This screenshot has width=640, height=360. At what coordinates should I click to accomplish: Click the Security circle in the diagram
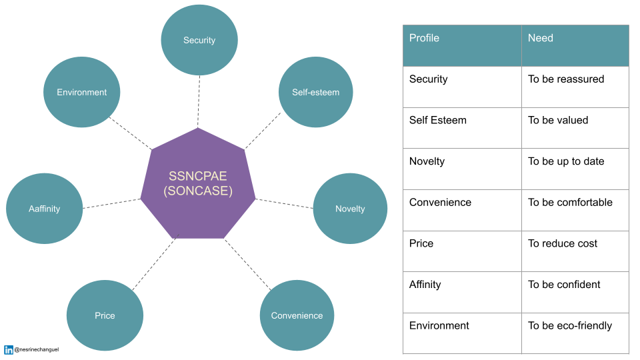(199, 40)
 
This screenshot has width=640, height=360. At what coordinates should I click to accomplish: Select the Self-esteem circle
(315, 92)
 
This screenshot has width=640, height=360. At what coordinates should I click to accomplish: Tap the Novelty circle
(350, 209)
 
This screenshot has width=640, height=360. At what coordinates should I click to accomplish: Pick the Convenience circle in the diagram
(297, 315)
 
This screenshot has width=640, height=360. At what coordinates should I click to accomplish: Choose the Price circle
(105, 315)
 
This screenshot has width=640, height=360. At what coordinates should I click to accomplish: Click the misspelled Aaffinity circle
(44, 209)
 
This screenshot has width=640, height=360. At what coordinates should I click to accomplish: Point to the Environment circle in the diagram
(81, 92)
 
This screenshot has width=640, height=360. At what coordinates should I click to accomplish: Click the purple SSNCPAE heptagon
(198, 183)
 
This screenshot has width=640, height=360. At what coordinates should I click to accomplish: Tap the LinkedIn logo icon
(9, 349)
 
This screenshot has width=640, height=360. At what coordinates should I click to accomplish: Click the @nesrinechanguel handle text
(37, 349)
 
